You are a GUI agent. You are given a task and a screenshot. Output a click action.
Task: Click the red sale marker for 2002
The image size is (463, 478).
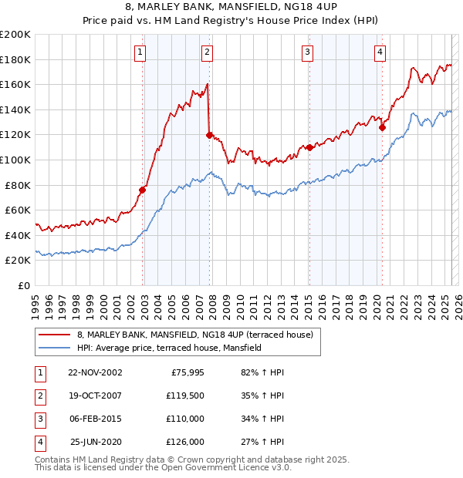pos(143,190)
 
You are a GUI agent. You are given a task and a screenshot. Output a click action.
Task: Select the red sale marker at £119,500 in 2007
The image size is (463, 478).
pos(209,135)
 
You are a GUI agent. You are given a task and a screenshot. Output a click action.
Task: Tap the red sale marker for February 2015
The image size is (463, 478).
pos(309,147)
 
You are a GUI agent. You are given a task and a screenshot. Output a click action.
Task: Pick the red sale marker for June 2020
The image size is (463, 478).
pos(382,127)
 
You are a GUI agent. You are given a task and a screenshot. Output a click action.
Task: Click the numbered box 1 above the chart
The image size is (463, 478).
pos(140,52)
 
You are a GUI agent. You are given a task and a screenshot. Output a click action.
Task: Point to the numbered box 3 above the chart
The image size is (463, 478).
pos(307,52)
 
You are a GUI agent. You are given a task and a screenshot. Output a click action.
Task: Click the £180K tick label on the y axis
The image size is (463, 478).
pos(15,59)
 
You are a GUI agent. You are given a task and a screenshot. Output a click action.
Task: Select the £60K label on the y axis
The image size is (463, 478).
pos(18,210)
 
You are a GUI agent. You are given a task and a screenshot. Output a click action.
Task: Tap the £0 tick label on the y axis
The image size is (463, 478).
pos(23,285)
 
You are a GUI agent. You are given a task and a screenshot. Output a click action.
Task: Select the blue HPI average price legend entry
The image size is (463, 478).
pos(169,348)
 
